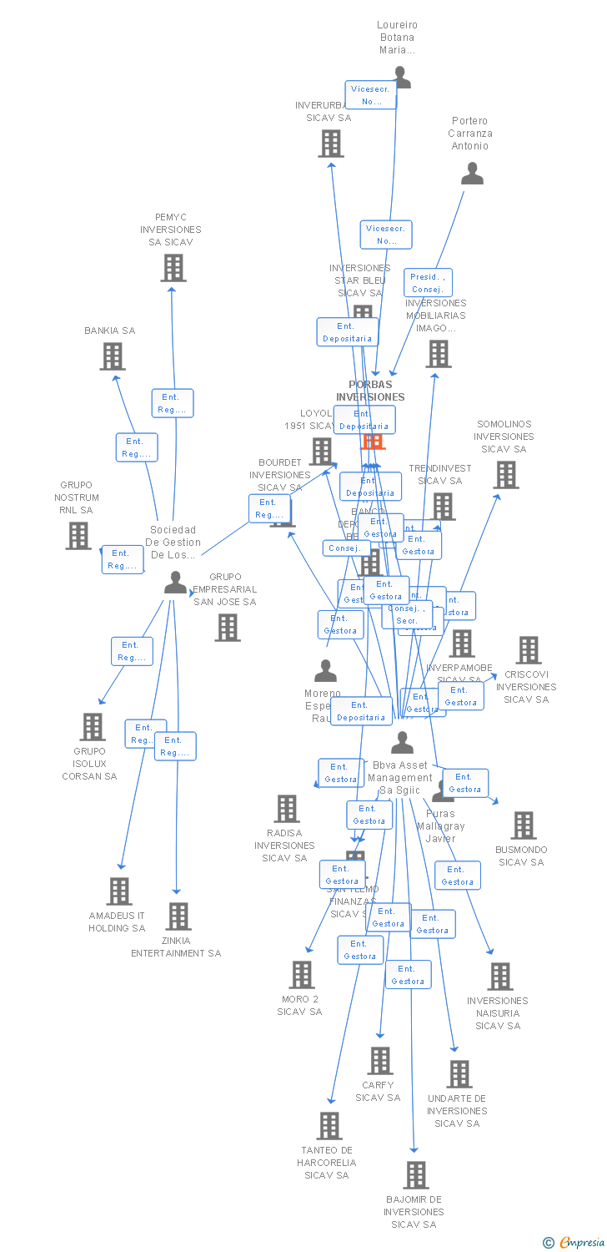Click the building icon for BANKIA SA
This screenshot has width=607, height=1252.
click(112, 356)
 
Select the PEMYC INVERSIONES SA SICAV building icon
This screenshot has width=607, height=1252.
click(173, 268)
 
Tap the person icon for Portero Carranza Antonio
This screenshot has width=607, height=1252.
click(473, 174)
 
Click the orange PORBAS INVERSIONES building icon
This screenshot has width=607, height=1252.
click(373, 441)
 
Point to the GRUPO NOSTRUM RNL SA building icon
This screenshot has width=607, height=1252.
click(78, 536)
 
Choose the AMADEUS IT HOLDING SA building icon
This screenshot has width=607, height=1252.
click(119, 891)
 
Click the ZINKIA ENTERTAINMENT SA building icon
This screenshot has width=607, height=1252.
click(178, 916)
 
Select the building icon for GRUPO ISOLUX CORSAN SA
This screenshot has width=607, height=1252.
click(92, 727)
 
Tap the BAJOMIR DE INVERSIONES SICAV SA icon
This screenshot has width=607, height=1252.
click(415, 1175)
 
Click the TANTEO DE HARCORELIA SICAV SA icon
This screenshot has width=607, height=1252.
click(329, 1126)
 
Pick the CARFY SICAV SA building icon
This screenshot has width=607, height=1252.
click(380, 1061)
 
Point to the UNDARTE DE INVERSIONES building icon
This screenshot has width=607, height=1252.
click(459, 1074)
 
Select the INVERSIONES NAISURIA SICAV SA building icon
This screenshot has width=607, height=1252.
click(499, 977)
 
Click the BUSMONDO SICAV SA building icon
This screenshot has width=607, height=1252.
click(523, 825)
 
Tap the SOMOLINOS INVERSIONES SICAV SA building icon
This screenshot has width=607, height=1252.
click(505, 475)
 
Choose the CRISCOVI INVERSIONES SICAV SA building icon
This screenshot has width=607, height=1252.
click(528, 650)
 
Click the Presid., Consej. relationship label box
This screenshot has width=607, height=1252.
click(428, 283)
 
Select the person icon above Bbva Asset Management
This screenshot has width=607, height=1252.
click(402, 742)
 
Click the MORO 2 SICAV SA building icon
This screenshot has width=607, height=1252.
click(301, 975)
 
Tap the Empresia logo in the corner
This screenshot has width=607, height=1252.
click(575, 1243)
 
